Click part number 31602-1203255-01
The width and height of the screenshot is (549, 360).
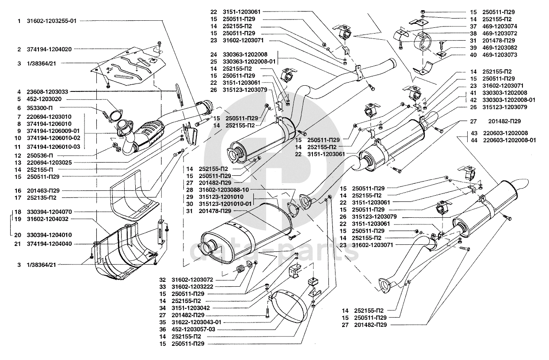[x=52, y=21]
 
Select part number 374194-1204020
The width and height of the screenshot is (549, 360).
[x=48, y=49]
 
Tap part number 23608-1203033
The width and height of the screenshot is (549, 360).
[x=48, y=92]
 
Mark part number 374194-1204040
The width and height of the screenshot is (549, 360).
[x=48, y=243]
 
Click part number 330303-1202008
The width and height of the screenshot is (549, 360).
[x=504, y=93]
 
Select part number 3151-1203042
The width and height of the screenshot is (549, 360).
[x=191, y=308]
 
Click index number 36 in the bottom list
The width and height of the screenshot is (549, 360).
[x=163, y=329]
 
